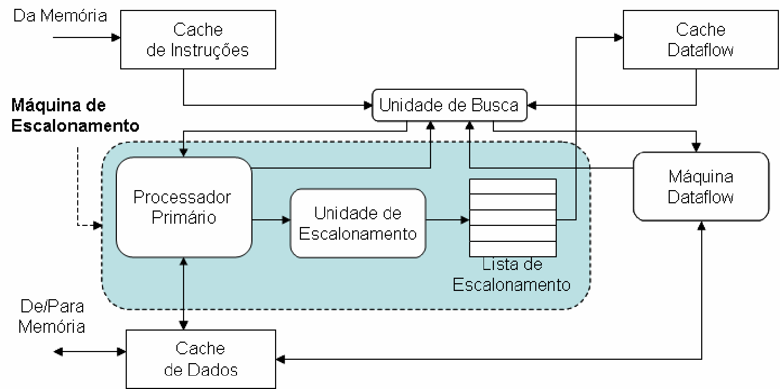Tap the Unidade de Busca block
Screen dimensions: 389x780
coord(449,105)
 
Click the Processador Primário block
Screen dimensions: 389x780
coord(184,207)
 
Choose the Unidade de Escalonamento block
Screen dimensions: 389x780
coord(358,223)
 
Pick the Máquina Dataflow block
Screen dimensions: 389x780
coord(701,187)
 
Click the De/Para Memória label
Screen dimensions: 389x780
coord(52,316)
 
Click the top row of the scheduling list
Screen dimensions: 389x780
coord(513,186)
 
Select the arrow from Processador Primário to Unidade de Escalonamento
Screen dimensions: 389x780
coord(271,220)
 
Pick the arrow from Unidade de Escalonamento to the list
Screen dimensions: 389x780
coord(447,220)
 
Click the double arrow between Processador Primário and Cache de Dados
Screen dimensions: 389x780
coord(184,293)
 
